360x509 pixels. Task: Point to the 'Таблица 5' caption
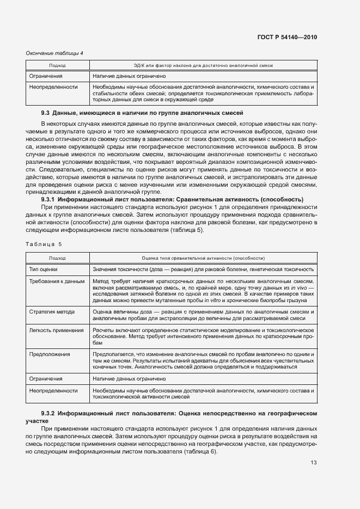click(44, 244)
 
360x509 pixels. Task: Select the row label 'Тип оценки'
click(44, 269)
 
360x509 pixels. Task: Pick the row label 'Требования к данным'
click(57, 281)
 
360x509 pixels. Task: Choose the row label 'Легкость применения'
click(56, 330)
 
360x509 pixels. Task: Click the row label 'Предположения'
click(50, 354)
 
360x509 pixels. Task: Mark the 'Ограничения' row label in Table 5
click(46, 378)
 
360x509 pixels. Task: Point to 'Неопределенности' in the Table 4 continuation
click(53, 87)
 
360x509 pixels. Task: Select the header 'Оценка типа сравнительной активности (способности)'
click(203, 257)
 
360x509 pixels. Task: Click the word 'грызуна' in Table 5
click(303, 300)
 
